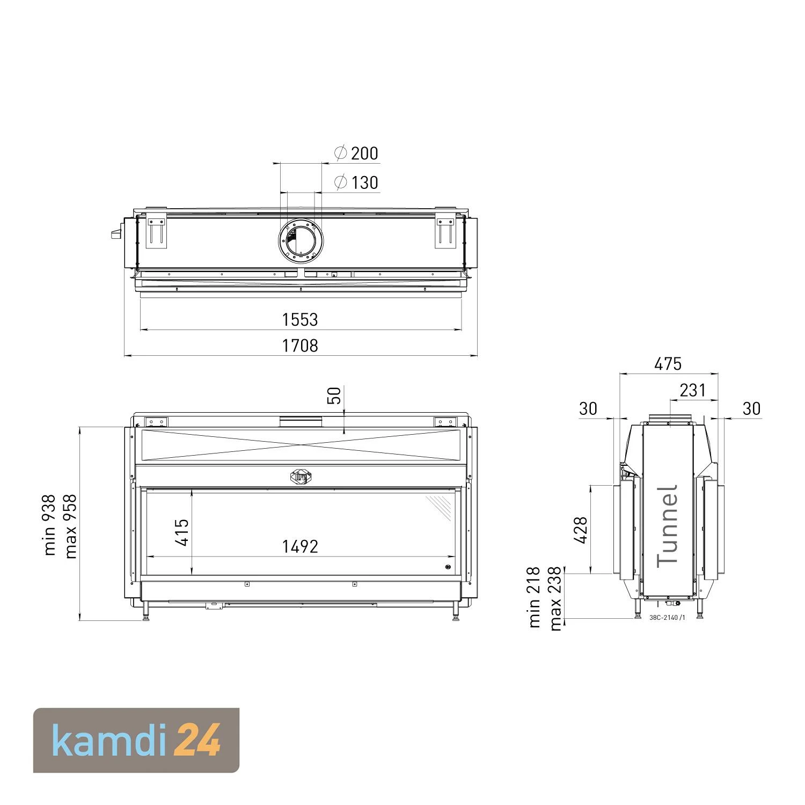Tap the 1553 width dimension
click(300, 320)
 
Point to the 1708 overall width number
click(300, 346)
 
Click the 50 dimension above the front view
click(334, 396)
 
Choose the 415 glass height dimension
click(182, 532)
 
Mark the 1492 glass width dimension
click(300, 546)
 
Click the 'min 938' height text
click(49, 525)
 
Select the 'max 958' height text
click(71, 526)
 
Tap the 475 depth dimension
click(668, 364)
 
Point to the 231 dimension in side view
click(692, 390)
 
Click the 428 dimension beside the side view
click(581, 530)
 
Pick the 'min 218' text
click(534, 597)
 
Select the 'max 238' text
click(555, 598)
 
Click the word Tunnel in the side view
click(668, 526)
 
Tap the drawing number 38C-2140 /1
click(667, 617)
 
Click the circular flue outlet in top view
click(301, 241)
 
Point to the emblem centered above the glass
click(301, 477)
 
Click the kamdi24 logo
click(136, 740)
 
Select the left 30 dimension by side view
click(588, 409)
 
